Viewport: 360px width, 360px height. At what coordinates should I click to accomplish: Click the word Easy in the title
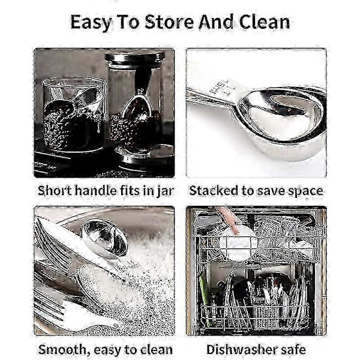click(x=91, y=23)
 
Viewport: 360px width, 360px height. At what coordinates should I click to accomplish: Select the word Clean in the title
click(x=264, y=22)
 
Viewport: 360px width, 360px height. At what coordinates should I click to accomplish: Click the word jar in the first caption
click(x=165, y=191)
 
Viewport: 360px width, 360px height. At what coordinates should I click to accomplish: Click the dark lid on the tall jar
click(x=135, y=58)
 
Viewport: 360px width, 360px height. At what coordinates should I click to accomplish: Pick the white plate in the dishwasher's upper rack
click(x=236, y=245)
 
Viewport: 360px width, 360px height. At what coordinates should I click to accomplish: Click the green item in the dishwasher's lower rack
click(x=205, y=298)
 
